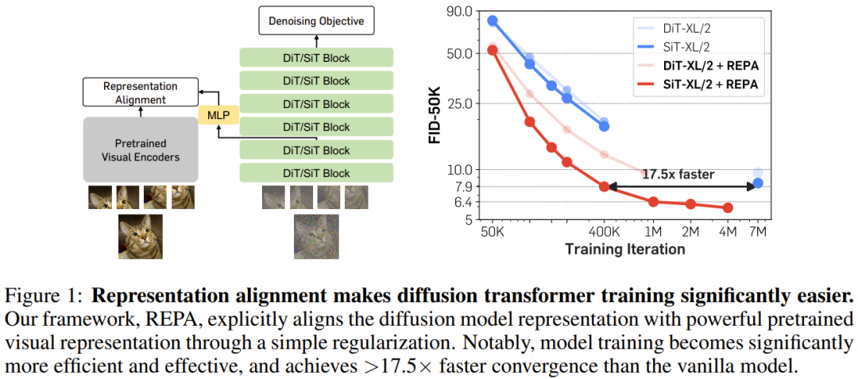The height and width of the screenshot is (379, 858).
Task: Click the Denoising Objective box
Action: click(x=315, y=21)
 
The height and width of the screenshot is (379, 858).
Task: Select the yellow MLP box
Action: click(x=216, y=116)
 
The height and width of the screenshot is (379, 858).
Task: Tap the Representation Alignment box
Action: click(x=140, y=93)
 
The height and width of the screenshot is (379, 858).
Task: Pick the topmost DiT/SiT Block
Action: click(x=316, y=58)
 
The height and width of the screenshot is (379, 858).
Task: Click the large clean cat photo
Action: click(x=140, y=236)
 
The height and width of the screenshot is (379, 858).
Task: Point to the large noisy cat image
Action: click(x=315, y=237)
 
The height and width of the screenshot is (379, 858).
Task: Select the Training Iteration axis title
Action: click(x=624, y=249)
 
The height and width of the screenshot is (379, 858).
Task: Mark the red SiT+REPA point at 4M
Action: click(x=728, y=208)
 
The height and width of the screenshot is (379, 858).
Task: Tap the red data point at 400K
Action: click(x=605, y=187)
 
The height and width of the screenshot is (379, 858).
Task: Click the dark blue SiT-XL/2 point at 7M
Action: click(x=758, y=184)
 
